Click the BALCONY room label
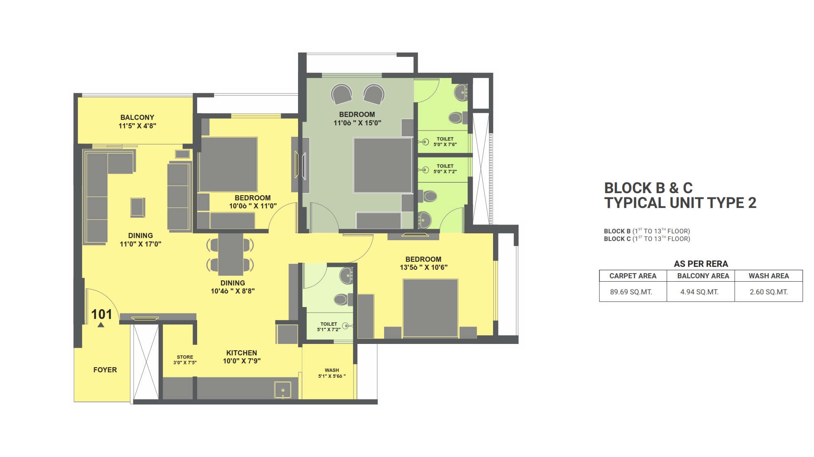point(137,118)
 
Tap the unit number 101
point(102,314)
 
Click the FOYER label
point(105,370)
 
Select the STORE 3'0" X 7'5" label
point(185,360)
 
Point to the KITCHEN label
point(241,353)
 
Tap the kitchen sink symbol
point(283,390)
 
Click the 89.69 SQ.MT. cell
point(631,292)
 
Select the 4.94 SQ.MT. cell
point(699,292)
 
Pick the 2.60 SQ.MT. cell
point(768,292)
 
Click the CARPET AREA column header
point(633,276)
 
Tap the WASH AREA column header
point(768,276)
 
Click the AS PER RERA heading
point(700,264)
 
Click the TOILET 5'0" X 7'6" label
point(445,141)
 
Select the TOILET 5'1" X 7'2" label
point(329,327)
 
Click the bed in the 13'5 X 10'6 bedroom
point(430,308)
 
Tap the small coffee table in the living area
point(138,208)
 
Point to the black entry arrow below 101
point(101,325)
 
